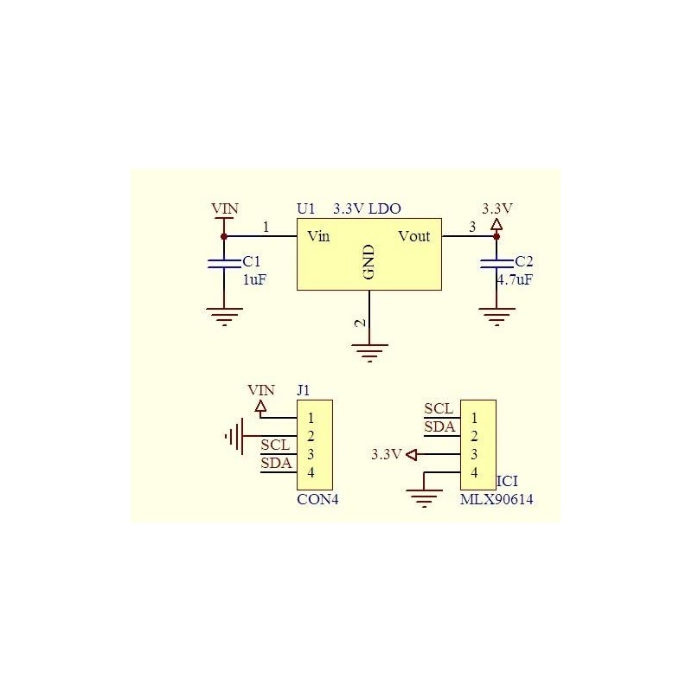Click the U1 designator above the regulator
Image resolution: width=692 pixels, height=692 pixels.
pyautogui.click(x=306, y=208)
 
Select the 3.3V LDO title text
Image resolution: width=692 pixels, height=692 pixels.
pyautogui.click(x=367, y=208)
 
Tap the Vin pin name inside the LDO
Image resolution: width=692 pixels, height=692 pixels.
pyautogui.click(x=317, y=236)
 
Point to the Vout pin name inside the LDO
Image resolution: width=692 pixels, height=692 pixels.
pyautogui.click(x=413, y=236)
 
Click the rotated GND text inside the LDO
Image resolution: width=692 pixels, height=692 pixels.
pyautogui.click(x=368, y=262)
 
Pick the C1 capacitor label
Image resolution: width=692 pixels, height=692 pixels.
pyautogui.click(x=251, y=260)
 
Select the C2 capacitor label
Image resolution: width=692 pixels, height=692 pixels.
pyautogui.click(x=524, y=260)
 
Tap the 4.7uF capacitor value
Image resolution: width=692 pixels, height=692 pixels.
pyautogui.click(x=515, y=279)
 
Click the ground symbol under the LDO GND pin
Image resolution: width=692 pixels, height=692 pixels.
pyautogui.click(x=369, y=351)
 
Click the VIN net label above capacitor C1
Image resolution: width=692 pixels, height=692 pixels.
pyautogui.click(x=225, y=209)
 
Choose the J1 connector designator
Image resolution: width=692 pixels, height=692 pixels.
pyautogui.click(x=304, y=390)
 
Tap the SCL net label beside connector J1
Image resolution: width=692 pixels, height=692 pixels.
pyautogui.click(x=276, y=445)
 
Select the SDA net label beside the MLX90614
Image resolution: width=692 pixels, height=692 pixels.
pyautogui.click(x=439, y=426)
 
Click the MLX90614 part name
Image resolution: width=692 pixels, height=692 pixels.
pyautogui.click(x=497, y=499)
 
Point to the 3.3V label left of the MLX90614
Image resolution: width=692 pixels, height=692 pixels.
pyautogui.click(x=386, y=454)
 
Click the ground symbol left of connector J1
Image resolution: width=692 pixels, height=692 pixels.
pyautogui.click(x=234, y=436)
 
